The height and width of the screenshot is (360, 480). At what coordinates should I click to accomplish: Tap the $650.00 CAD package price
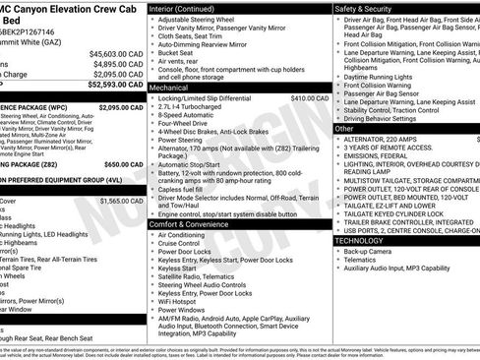(x=123, y=164)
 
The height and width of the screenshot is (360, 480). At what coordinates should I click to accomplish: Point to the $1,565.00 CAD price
(x=120, y=200)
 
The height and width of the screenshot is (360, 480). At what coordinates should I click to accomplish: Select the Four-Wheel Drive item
(x=188, y=124)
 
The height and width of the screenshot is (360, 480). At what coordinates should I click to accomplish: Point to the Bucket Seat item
(x=177, y=53)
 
